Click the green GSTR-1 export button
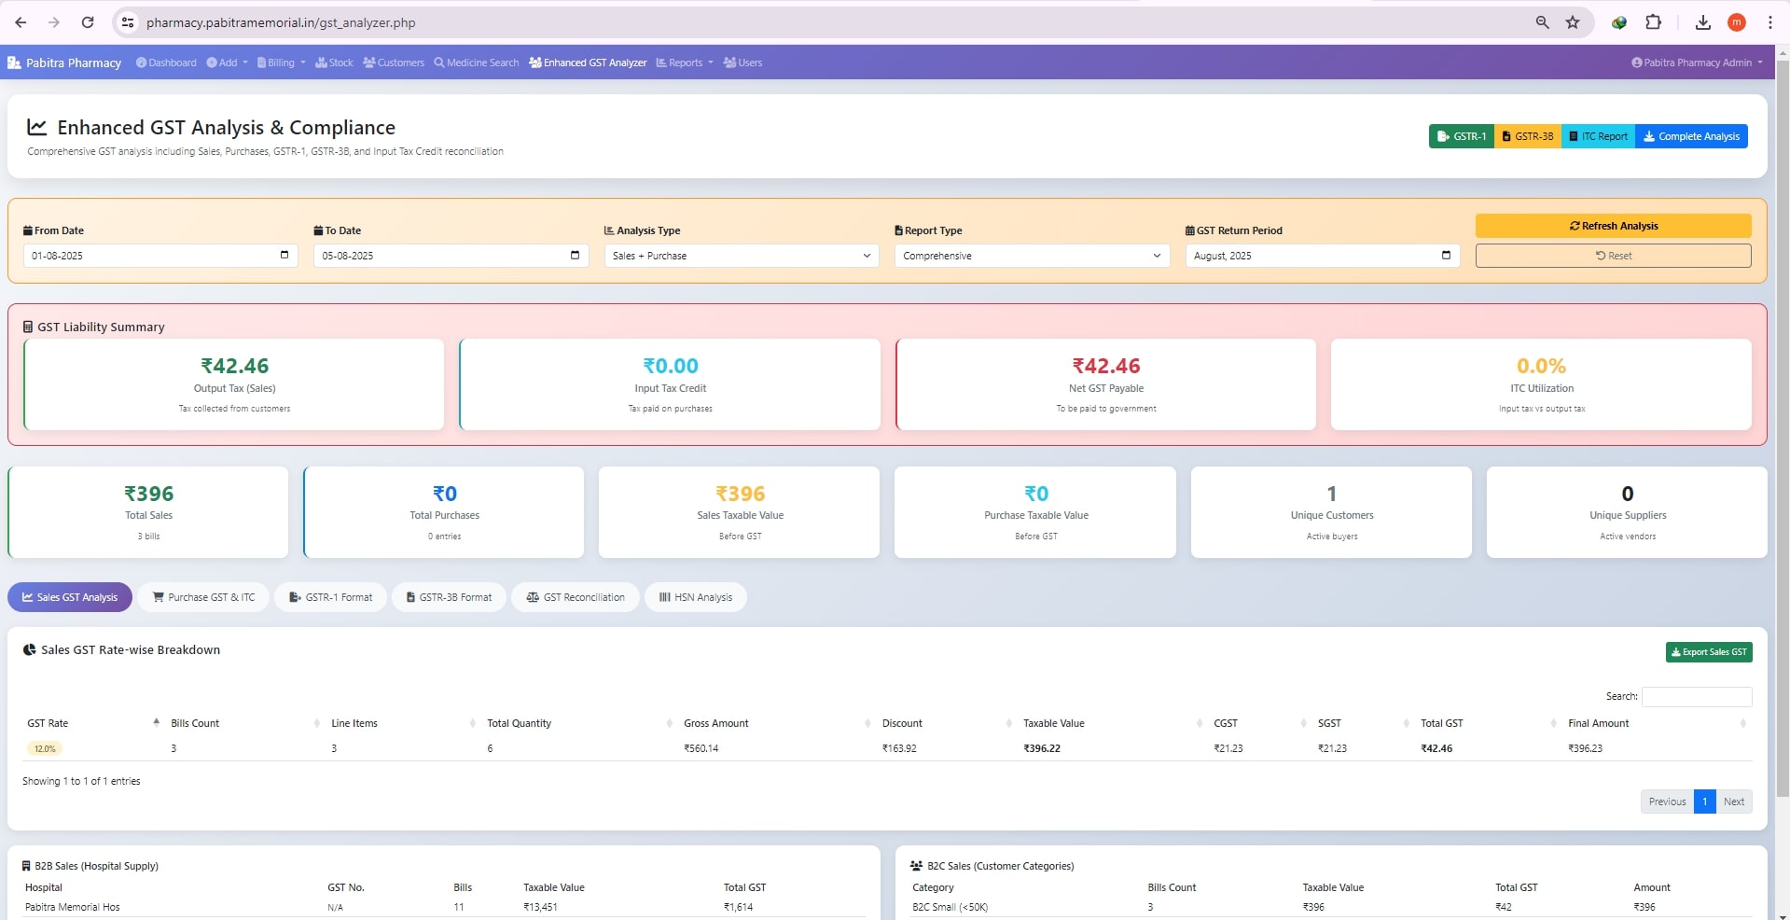point(1461,136)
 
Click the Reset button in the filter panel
point(1613,256)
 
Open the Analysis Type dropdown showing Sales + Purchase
point(741,256)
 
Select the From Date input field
point(160,256)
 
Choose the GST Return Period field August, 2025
point(1321,256)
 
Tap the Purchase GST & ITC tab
point(203,597)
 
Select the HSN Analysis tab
point(695,597)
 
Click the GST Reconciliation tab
point(575,597)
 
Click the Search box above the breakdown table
point(1696,696)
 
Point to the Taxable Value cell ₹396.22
point(1041,748)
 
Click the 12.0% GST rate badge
point(45,748)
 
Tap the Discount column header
point(902,723)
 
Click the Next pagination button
point(1733,802)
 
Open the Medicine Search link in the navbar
point(476,63)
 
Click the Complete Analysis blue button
point(1690,136)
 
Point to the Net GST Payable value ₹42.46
point(1105,366)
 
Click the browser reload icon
point(88,22)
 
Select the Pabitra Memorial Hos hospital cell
point(73,907)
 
